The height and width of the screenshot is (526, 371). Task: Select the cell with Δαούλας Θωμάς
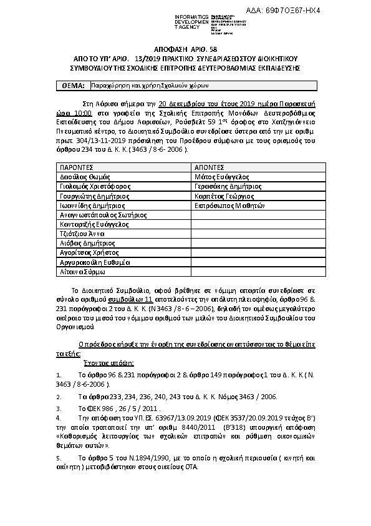tap(84, 177)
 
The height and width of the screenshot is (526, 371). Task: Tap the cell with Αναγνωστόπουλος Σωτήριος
tap(103, 215)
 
